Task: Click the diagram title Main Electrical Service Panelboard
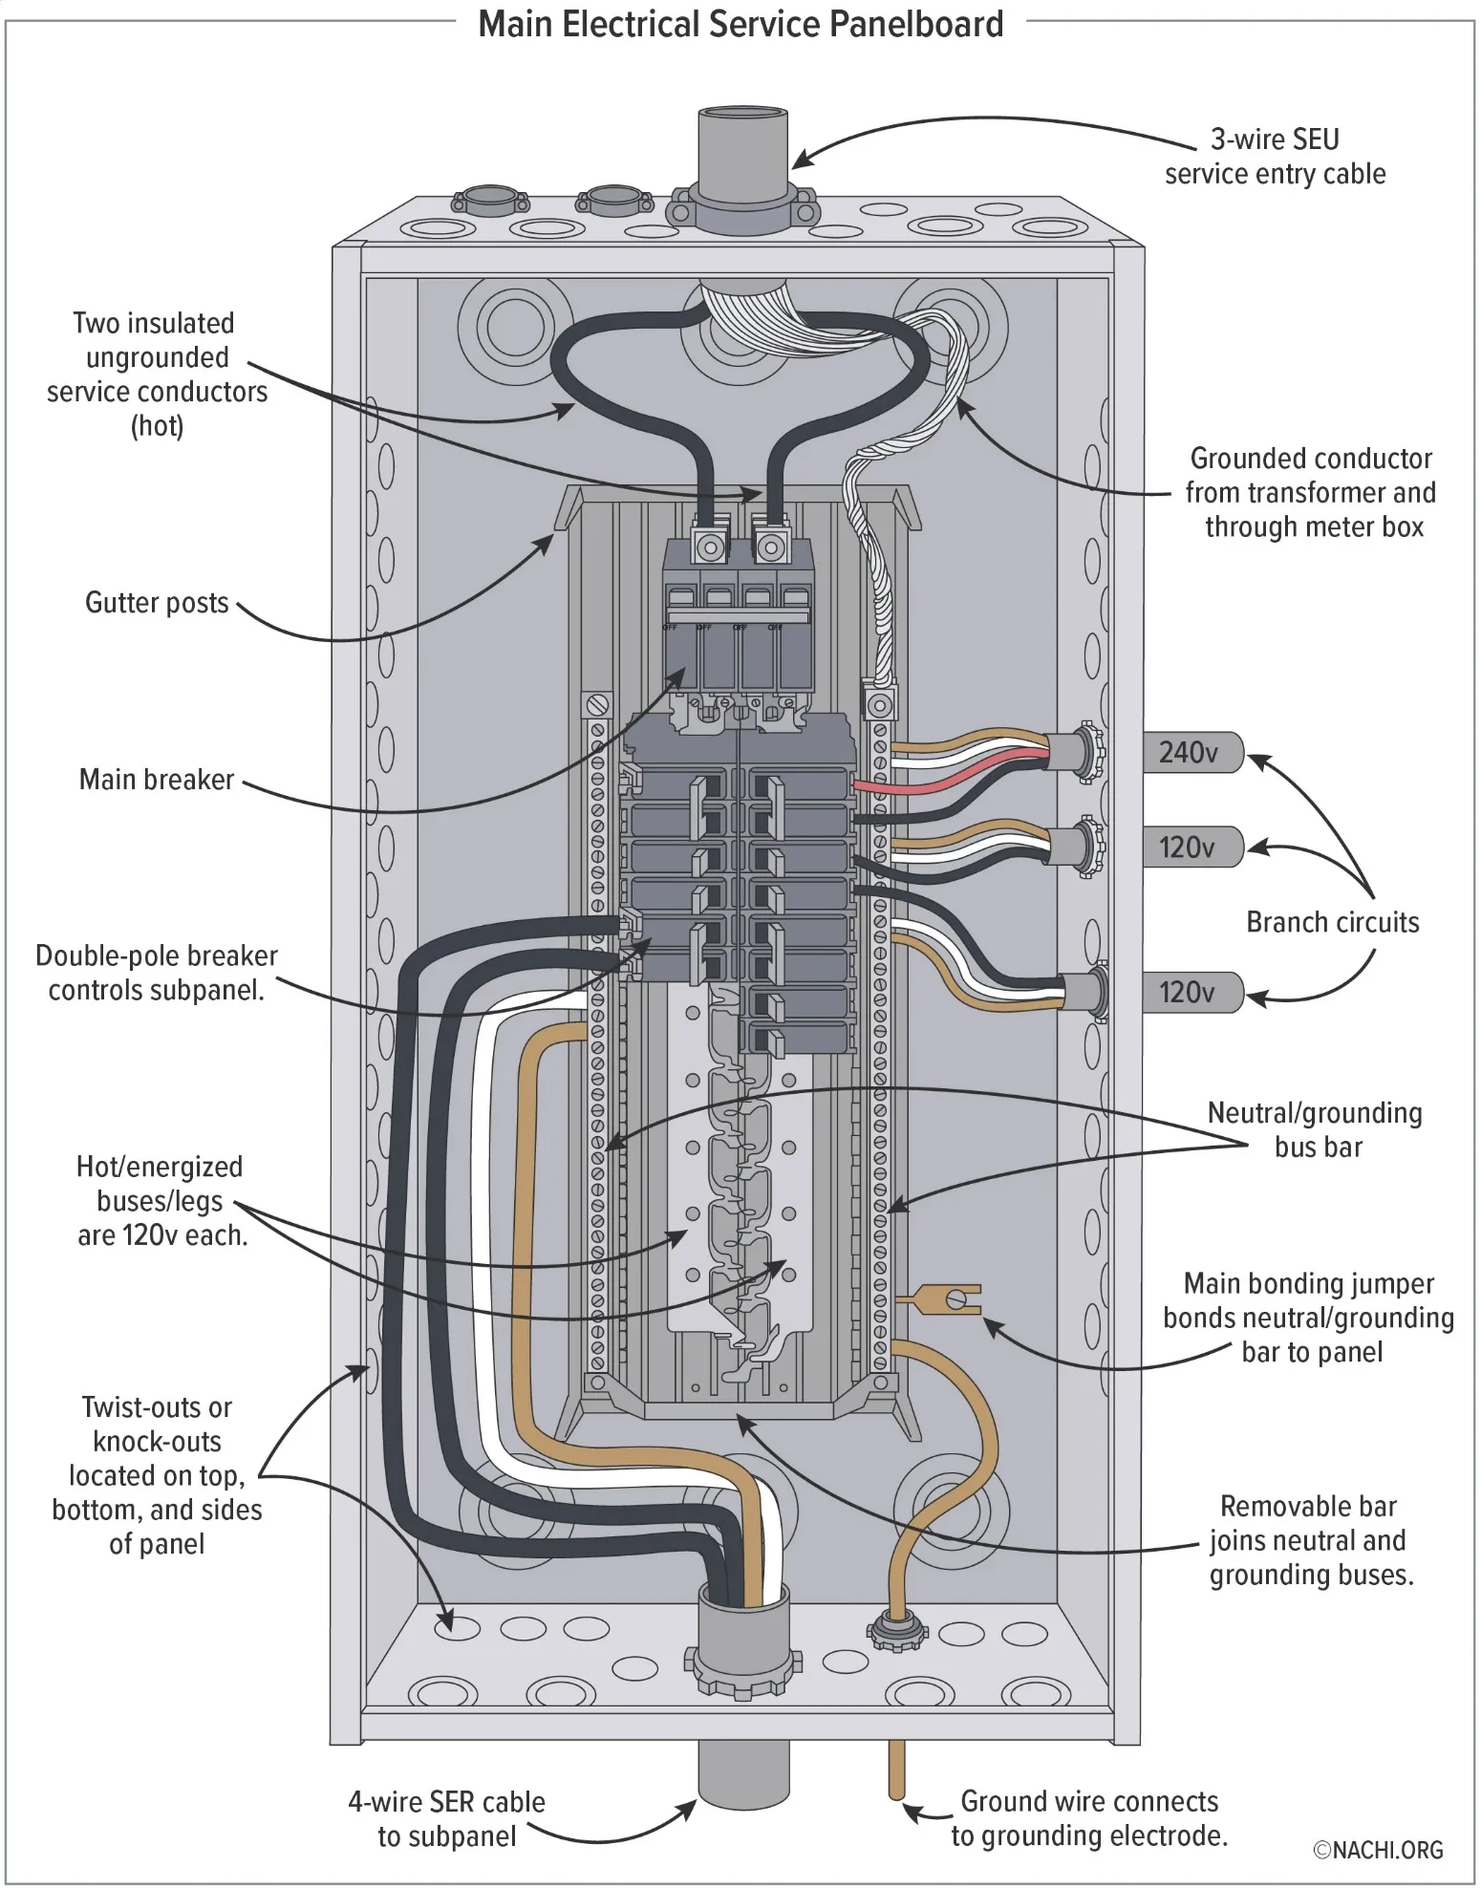[x=740, y=24]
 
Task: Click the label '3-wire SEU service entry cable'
[x=1275, y=157]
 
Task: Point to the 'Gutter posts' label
[x=157, y=603]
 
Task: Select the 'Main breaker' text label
[x=157, y=780]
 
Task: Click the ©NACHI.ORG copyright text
[x=1378, y=1850]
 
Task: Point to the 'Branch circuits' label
[x=1332, y=922]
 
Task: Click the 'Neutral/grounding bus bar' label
[x=1315, y=1129]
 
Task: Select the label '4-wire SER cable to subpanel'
[x=446, y=1818]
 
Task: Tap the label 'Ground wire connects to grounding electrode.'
[x=1088, y=1818]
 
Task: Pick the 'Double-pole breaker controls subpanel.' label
[x=157, y=973]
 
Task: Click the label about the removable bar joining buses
[x=1309, y=1540]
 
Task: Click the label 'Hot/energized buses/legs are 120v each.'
[x=161, y=1201]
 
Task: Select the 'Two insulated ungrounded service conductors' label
[x=157, y=374]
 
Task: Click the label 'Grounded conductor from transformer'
[x=1310, y=493]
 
